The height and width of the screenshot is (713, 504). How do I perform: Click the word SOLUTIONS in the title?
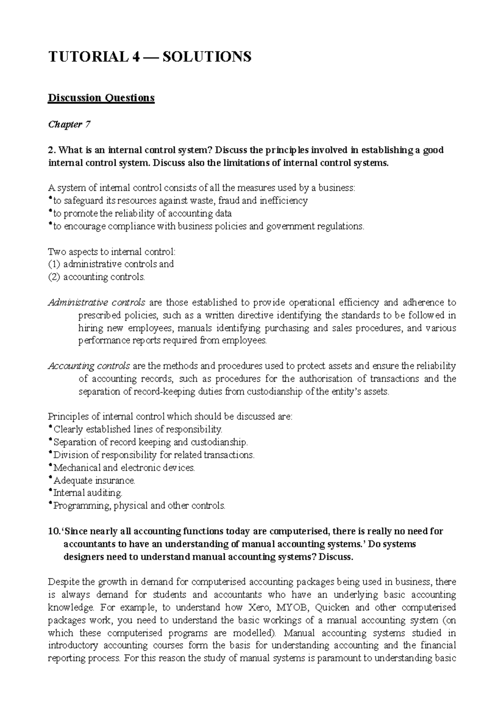[206, 56]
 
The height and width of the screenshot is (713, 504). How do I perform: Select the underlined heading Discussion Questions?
[101, 98]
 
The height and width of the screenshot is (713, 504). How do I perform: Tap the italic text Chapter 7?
[69, 124]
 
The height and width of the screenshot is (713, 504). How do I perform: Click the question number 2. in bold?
[52, 150]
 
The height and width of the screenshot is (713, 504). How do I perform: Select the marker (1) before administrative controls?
[54, 264]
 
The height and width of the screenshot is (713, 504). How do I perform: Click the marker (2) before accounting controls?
[54, 277]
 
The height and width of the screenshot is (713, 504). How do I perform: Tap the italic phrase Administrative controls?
[97, 302]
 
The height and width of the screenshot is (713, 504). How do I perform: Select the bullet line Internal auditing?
[87, 493]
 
